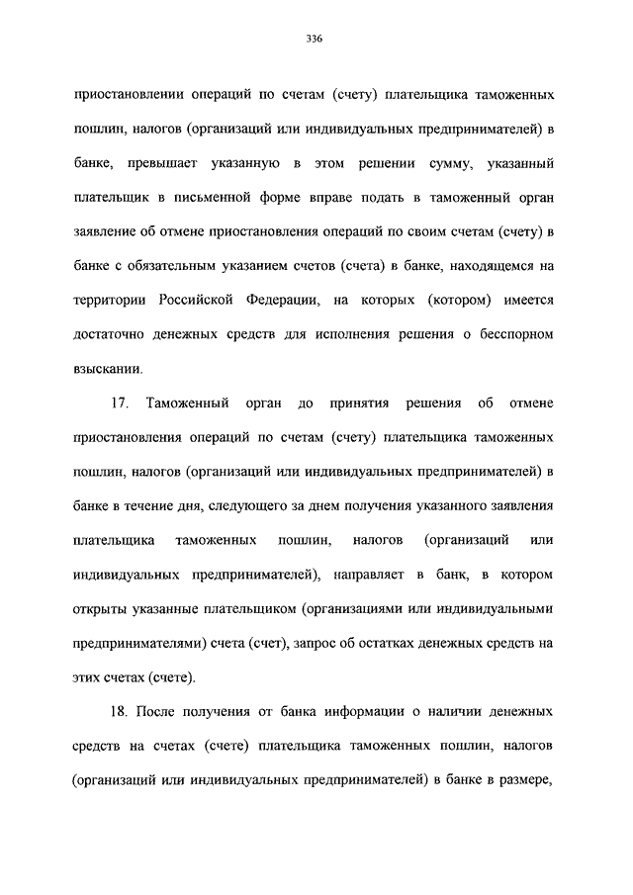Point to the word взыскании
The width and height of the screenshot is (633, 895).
[x=107, y=369]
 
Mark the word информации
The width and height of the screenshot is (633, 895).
[x=335, y=711]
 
